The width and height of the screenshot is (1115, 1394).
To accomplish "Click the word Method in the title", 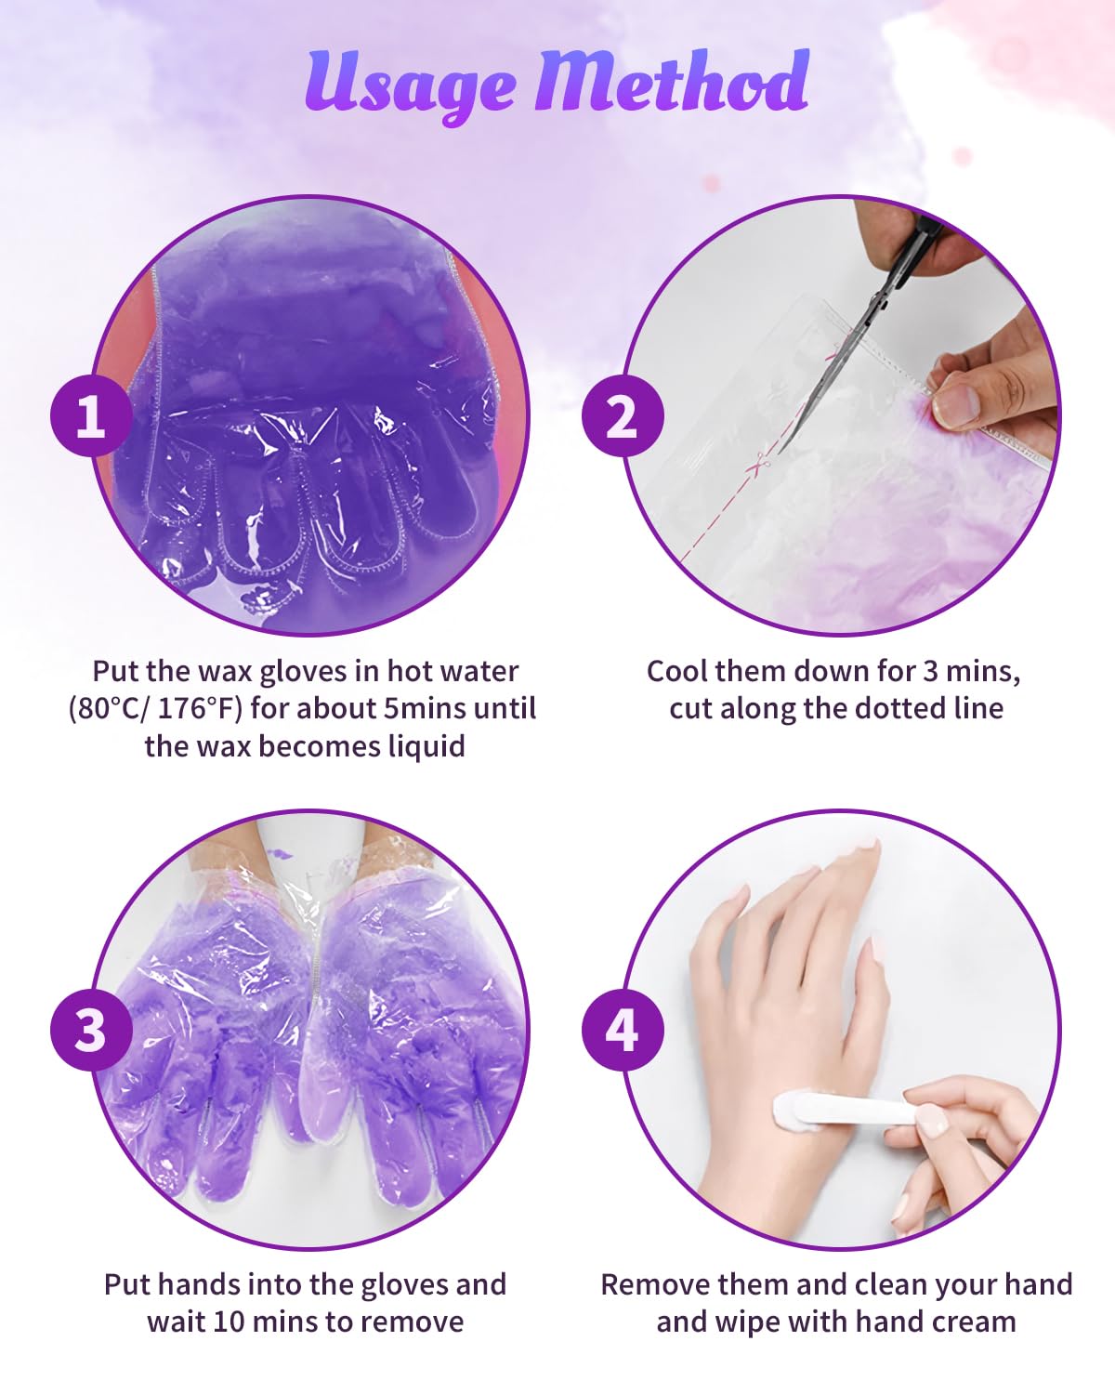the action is [x=672, y=80].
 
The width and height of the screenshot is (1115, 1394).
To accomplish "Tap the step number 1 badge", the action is [x=91, y=415].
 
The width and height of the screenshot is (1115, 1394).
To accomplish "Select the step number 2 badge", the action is [x=623, y=415].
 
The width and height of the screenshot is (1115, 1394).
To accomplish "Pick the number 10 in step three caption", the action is [x=229, y=1322].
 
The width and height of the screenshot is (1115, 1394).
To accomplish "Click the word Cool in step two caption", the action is [x=677, y=671].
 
